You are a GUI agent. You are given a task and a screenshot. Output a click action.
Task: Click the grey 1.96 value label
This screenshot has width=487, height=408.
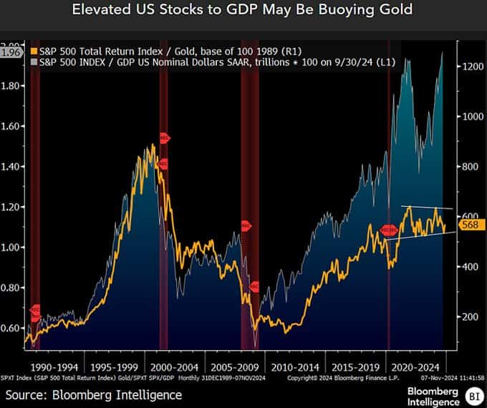pyautogui.click(x=12, y=52)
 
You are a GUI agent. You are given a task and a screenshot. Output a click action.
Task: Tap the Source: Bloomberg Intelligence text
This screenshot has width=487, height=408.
pyautogui.click(x=94, y=394)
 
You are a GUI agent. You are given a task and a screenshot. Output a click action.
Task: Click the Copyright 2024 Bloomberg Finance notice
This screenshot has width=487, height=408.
pyautogui.click(x=332, y=377)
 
